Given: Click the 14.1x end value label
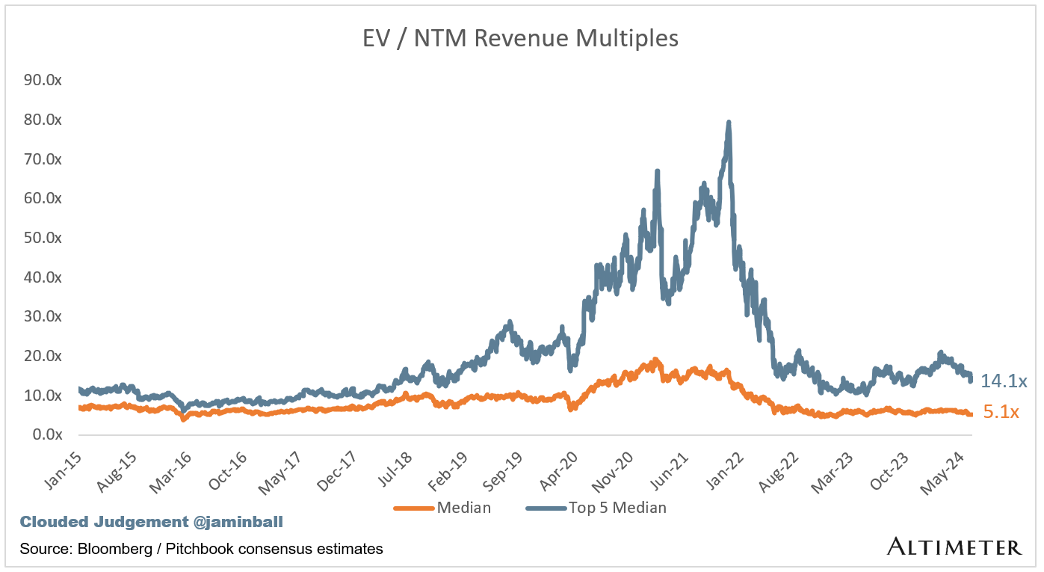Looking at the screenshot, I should tap(1004, 381).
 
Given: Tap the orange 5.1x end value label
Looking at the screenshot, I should tap(1001, 411).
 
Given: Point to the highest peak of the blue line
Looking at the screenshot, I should tap(728, 123).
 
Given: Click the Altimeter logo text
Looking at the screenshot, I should tap(954, 547).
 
